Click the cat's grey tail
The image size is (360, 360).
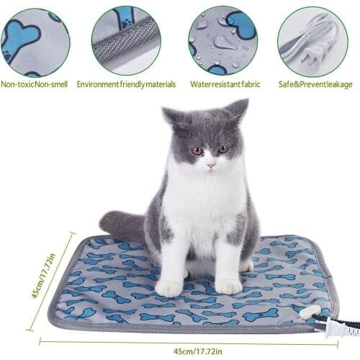pos(122,225)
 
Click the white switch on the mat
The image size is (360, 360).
pos(310,312)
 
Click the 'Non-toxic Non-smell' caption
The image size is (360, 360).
pos(35,84)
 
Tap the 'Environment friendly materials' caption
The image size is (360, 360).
pos(126,84)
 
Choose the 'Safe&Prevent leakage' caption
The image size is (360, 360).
pos(315,84)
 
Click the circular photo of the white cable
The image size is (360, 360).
pos(313,40)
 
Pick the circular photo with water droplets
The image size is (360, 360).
pos(222,40)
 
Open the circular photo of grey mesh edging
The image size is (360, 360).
pos(126,40)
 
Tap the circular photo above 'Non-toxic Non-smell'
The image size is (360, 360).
pos(35,40)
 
